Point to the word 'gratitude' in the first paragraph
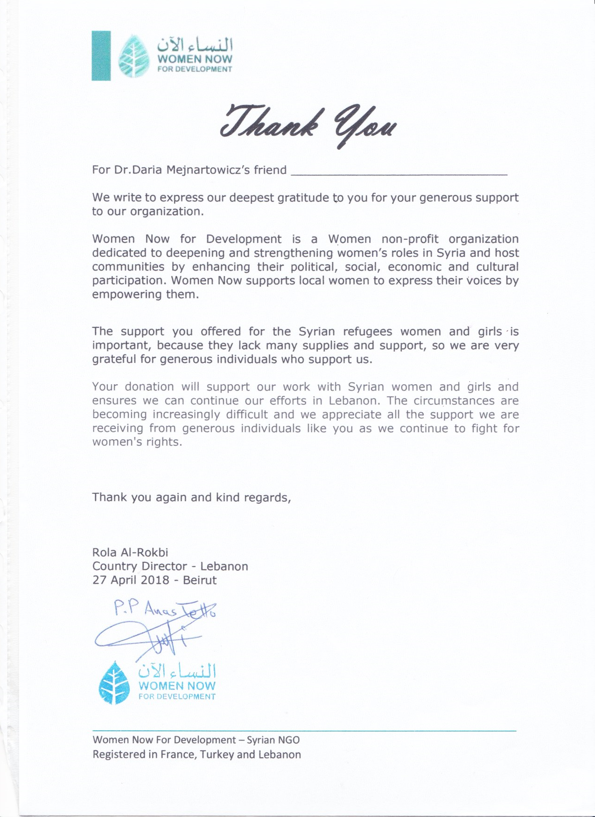[x=304, y=198]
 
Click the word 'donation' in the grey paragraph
[x=149, y=387]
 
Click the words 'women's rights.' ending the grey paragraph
[x=137, y=442]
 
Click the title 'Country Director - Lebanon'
[x=170, y=567]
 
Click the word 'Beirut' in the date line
[x=200, y=580]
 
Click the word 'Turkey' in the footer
[x=217, y=755]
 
